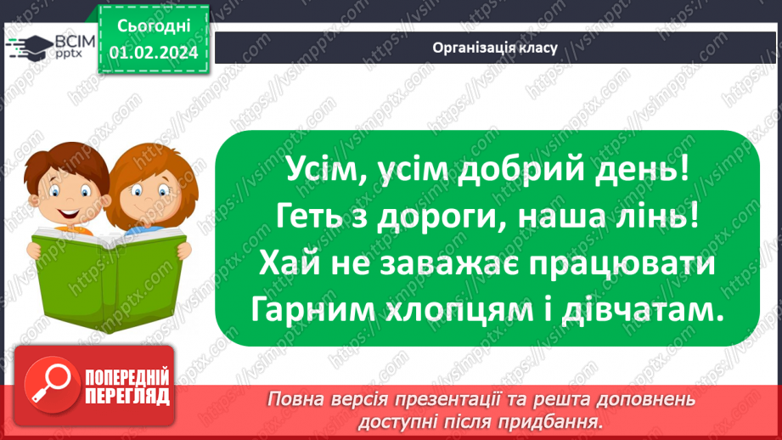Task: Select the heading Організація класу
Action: click(494, 48)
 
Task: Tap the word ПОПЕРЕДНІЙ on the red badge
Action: click(126, 376)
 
